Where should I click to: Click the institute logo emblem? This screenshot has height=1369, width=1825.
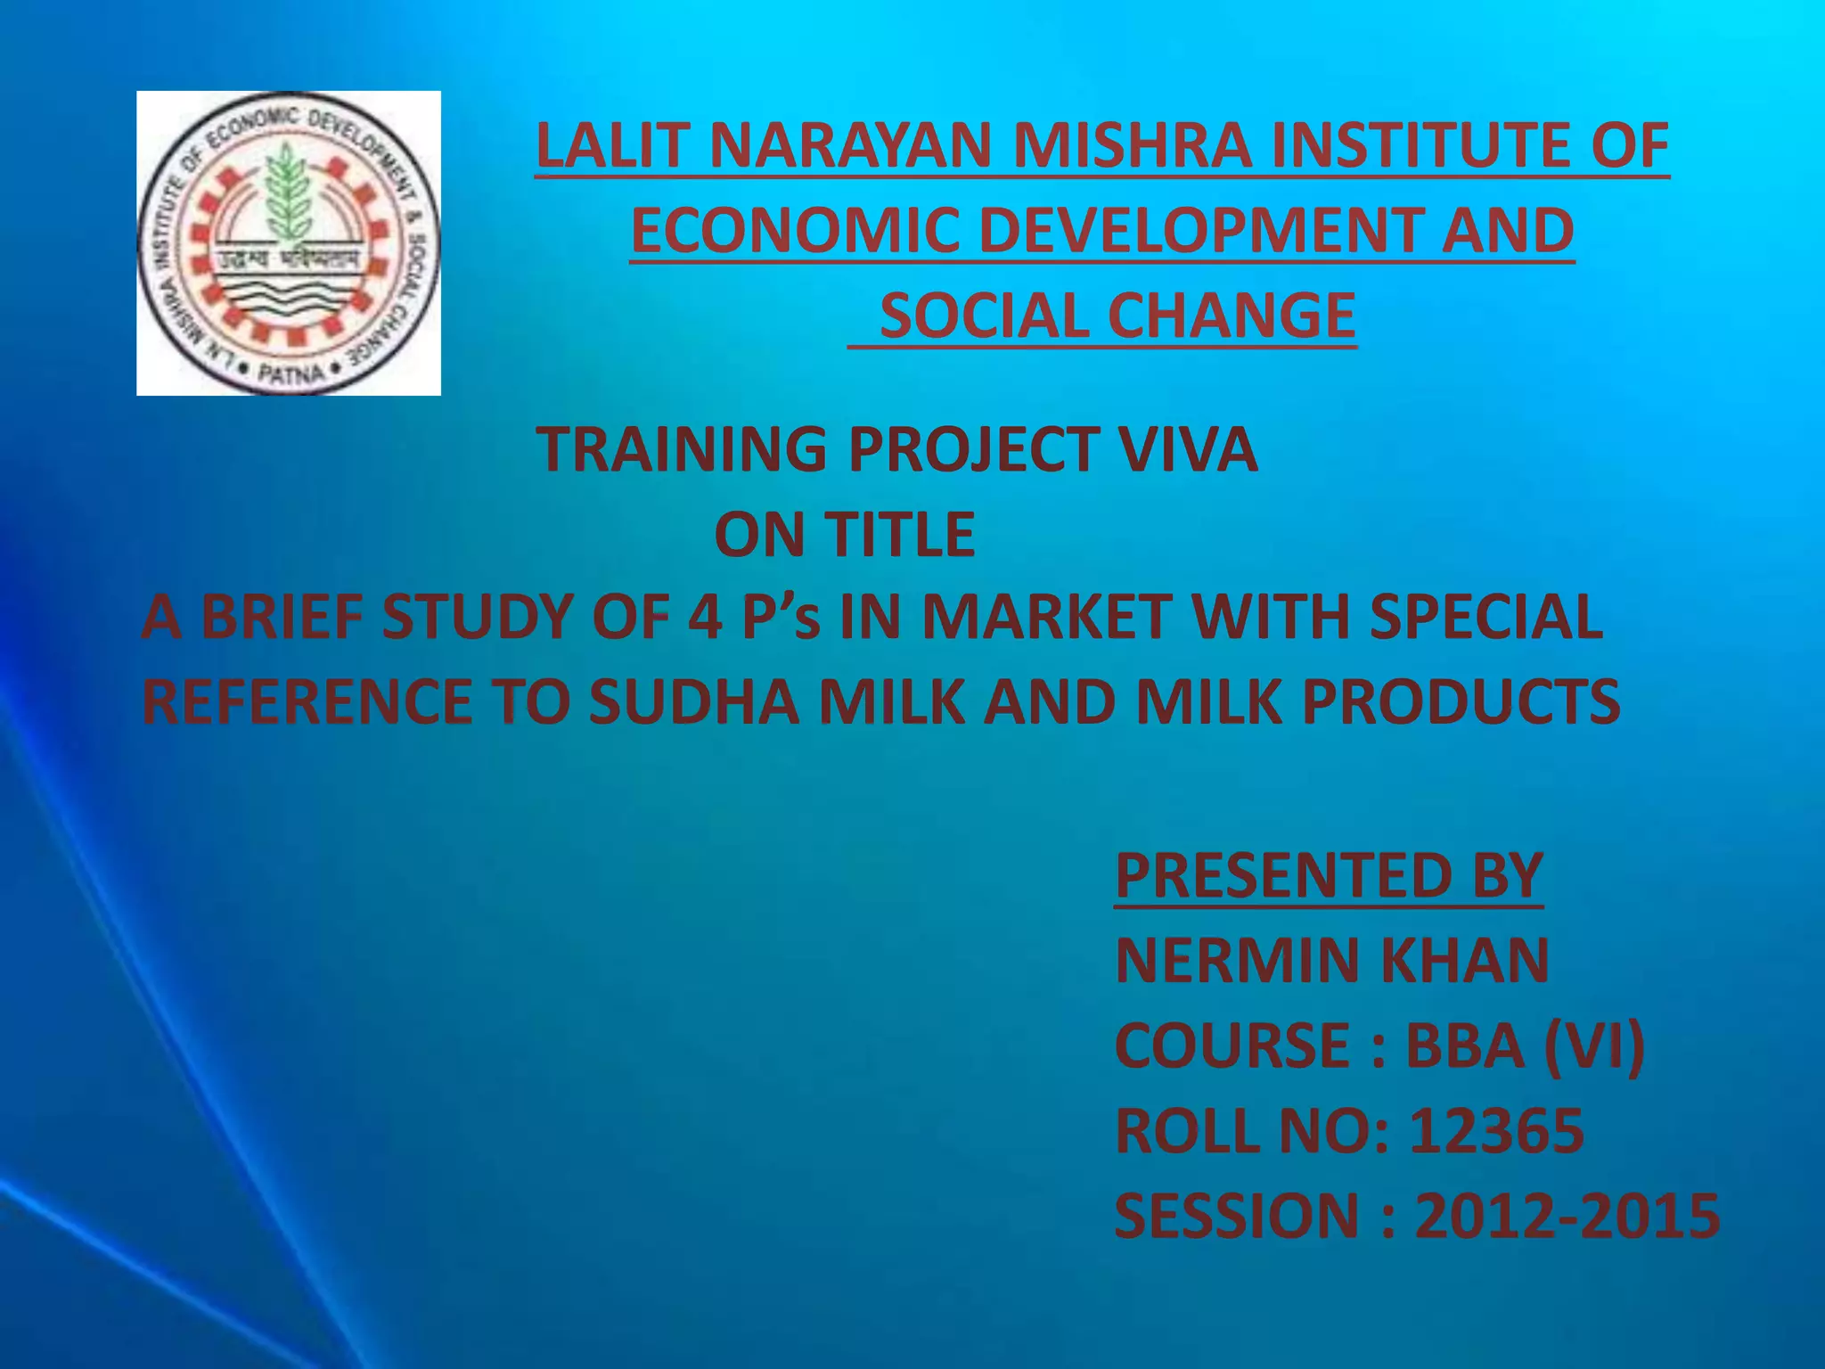288,242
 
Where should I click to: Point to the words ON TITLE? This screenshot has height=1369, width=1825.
844,535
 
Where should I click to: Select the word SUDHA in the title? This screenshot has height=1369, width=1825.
694,701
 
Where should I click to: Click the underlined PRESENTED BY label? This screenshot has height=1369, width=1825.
1328,875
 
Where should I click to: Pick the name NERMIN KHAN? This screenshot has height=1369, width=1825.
1331,960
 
